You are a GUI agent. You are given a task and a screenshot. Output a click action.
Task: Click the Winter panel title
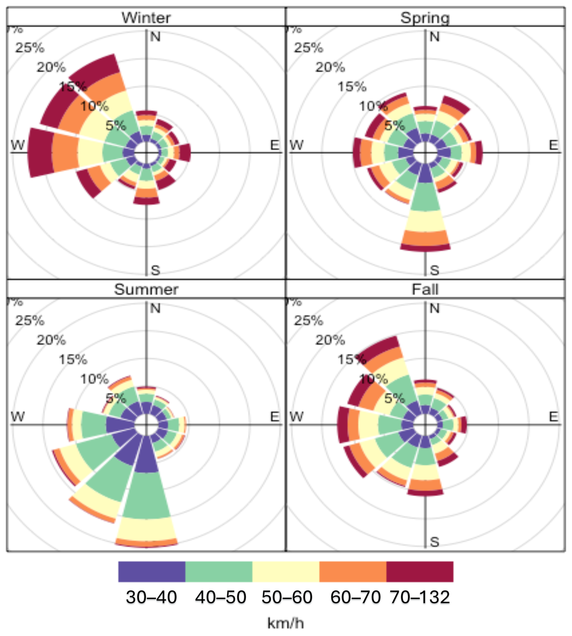(x=146, y=18)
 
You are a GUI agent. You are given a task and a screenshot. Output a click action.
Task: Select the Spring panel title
(x=425, y=18)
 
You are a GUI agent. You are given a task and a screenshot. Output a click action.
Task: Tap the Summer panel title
(x=146, y=289)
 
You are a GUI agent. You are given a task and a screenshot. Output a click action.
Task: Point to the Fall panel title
(x=425, y=289)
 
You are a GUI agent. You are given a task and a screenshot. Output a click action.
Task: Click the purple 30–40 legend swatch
(x=152, y=572)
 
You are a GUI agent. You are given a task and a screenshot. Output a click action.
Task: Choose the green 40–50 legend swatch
(x=219, y=572)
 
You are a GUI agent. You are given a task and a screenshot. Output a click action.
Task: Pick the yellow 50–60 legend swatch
(x=286, y=572)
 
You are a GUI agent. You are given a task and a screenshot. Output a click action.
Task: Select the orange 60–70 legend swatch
(x=353, y=572)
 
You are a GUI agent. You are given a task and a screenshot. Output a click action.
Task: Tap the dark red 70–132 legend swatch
(x=420, y=572)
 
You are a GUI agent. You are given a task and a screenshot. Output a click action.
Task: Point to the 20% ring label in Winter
(x=51, y=67)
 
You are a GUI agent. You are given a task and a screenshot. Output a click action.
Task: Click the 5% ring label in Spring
(x=395, y=126)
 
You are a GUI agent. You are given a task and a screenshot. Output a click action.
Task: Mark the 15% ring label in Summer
(x=73, y=359)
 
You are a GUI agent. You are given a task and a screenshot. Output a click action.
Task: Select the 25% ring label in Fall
(x=308, y=320)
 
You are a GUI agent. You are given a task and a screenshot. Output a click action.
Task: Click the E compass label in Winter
(x=275, y=145)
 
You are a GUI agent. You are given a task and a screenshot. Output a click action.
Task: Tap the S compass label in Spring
(x=434, y=270)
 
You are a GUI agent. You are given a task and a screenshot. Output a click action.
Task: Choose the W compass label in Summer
(x=18, y=417)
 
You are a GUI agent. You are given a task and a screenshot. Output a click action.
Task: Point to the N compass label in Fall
(x=434, y=309)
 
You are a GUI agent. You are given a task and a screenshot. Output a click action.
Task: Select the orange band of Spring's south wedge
(x=425, y=237)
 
